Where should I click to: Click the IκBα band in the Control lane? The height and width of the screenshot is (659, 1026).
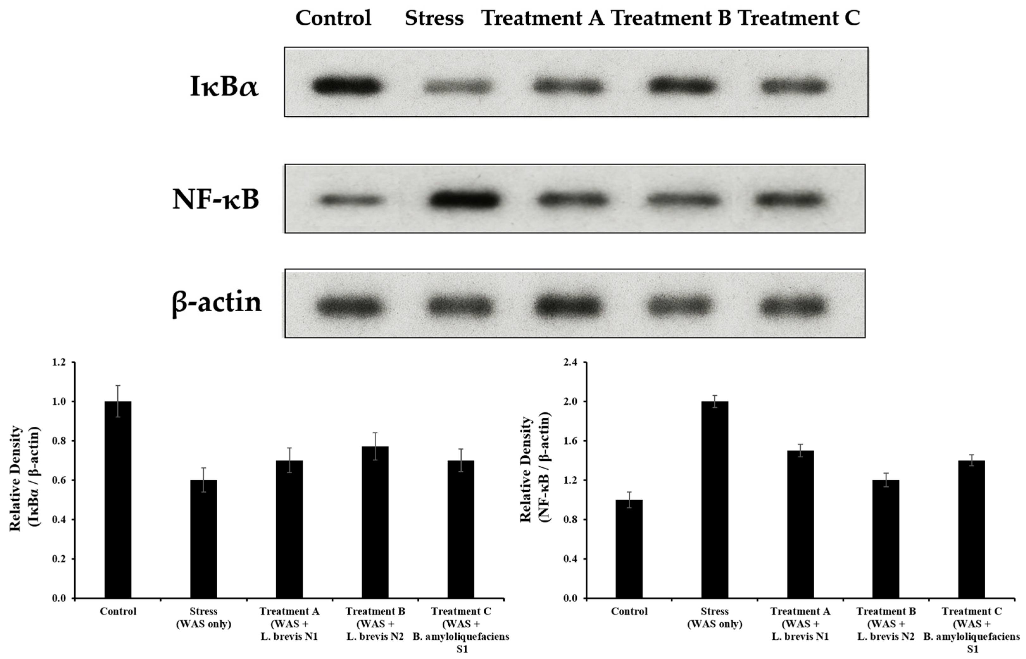346,86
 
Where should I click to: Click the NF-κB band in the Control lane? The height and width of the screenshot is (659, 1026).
351,200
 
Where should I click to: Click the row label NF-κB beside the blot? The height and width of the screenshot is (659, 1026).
215,199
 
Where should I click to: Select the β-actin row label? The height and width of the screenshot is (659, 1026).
216,303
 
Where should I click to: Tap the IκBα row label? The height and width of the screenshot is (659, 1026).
224,87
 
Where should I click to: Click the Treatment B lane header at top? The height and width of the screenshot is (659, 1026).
671,18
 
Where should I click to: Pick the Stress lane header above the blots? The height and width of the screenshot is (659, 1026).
434,18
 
